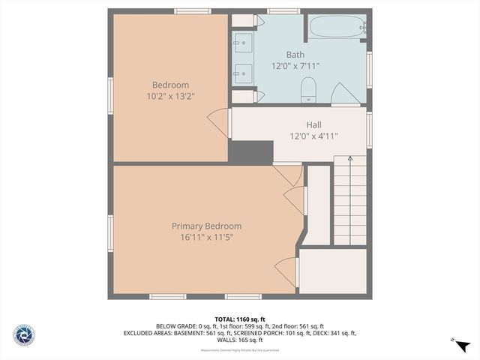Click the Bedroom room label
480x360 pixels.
170,85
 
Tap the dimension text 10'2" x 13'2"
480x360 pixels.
170,96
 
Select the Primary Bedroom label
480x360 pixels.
206,226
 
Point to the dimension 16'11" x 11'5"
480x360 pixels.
206,238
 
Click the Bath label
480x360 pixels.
295,55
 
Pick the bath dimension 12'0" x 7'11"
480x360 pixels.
295,66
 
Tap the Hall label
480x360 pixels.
313,124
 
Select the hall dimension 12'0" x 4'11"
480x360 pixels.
313,136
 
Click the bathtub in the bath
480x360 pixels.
337,27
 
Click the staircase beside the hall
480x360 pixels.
349,200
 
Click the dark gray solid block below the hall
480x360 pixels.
250,152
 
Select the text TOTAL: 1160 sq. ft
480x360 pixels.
239,319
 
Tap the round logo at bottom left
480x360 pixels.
24,334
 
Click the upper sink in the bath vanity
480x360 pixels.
242,42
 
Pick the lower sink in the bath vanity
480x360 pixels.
242,73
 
